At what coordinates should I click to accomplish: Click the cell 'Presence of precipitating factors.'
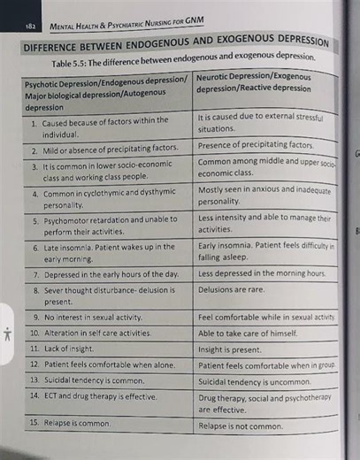click(256, 144)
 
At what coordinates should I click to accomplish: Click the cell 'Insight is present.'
click(230, 349)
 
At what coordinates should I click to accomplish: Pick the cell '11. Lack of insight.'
click(64, 349)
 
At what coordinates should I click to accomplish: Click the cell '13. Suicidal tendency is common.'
click(86, 379)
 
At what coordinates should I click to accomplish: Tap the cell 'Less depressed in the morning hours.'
click(262, 273)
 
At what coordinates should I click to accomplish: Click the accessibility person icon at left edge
click(6, 333)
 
